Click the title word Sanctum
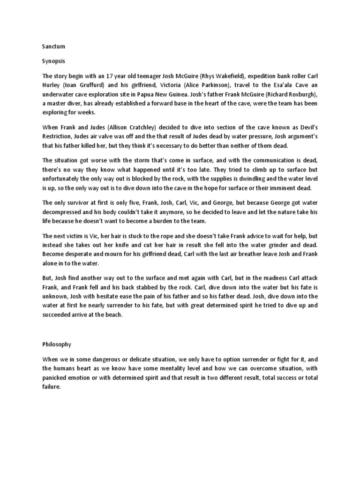pyautogui.click(x=52, y=47)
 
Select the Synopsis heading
pyautogui.click(x=52, y=61)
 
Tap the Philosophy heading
pyautogui.click(x=56, y=344)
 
